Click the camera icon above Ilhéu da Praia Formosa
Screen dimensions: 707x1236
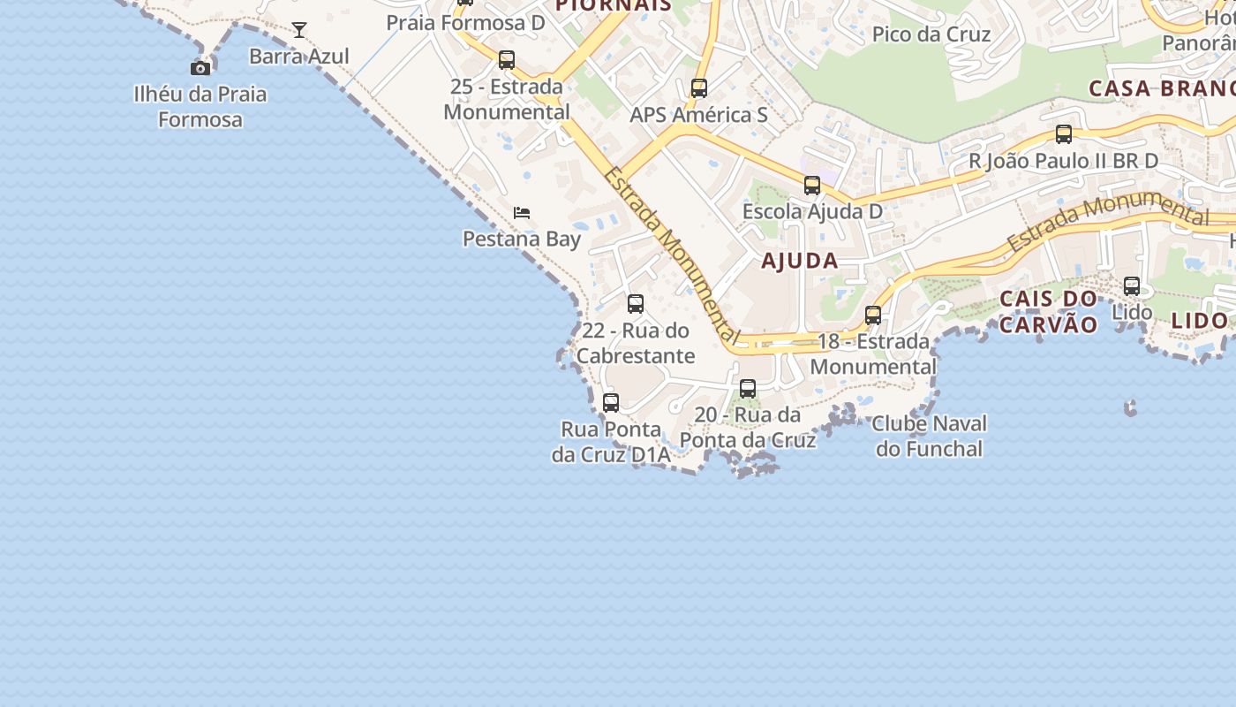(200, 68)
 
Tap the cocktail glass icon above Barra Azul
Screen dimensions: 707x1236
(299, 30)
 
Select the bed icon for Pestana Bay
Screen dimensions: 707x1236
(522, 213)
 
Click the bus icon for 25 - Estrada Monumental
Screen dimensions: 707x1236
(507, 60)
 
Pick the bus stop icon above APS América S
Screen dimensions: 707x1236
(699, 88)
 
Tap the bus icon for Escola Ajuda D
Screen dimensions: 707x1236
(812, 186)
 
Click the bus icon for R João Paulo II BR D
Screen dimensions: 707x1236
(1064, 134)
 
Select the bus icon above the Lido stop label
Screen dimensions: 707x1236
(1132, 286)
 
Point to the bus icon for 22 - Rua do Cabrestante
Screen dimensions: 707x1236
(636, 304)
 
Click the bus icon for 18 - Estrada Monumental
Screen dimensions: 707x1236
(873, 315)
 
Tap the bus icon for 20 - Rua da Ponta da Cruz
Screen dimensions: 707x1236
(748, 389)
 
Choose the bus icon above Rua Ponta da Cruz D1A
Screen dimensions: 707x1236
(611, 403)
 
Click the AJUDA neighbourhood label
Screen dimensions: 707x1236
(800, 261)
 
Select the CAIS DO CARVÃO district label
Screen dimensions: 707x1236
(1048, 312)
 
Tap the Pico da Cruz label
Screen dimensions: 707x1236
(931, 34)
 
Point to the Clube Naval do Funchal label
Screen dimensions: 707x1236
(929, 437)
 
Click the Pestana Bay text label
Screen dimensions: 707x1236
(522, 239)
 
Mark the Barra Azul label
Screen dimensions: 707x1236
(299, 57)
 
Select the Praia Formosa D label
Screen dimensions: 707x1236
(465, 23)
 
